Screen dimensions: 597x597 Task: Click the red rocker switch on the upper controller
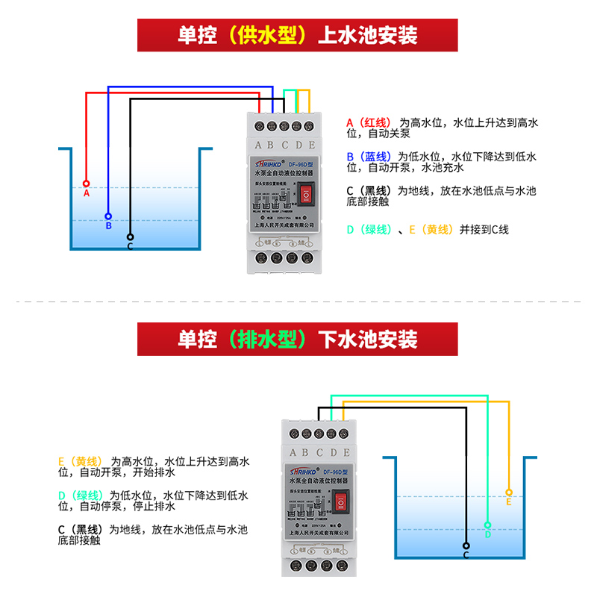(x=307, y=196)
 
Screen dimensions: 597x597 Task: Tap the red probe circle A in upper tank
(x=87, y=183)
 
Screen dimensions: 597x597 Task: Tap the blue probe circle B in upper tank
(x=108, y=216)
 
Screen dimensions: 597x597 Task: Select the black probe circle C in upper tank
(x=130, y=237)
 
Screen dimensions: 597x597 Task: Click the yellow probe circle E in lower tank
(x=508, y=493)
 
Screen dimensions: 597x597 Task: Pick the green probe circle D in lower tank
(x=487, y=525)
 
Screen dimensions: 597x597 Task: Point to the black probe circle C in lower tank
(x=466, y=546)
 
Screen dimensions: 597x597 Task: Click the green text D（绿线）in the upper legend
(x=369, y=230)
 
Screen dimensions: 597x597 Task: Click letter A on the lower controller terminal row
(x=293, y=453)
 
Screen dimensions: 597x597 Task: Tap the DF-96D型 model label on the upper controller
(x=304, y=164)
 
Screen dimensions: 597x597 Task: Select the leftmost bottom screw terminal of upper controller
(x=262, y=258)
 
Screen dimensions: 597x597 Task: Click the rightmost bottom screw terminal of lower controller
(x=344, y=567)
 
